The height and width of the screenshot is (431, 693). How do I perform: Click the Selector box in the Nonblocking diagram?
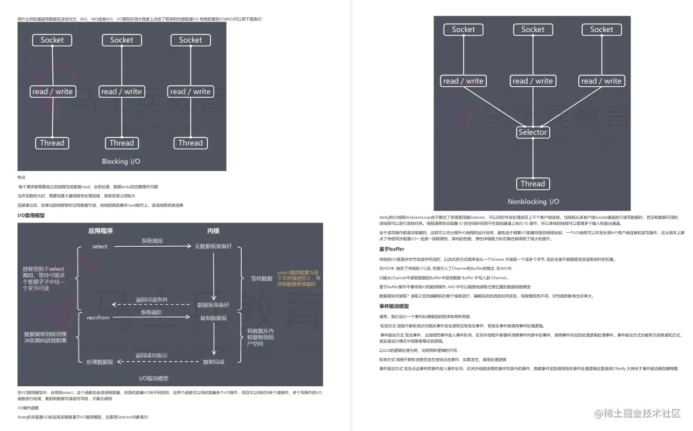click(533, 132)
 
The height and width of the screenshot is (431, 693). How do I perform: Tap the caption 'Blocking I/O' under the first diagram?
click(122, 161)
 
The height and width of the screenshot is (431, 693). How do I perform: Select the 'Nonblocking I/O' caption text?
click(533, 202)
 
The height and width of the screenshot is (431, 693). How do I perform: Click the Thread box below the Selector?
click(533, 184)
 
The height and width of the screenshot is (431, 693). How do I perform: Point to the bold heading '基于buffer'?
click(391, 249)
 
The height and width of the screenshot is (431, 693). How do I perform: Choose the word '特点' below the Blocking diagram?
click(22, 177)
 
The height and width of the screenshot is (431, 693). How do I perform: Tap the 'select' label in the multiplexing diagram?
click(100, 246)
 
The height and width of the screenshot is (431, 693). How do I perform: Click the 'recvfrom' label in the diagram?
click(98, 318)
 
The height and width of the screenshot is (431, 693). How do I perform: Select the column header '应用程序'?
click(101, 231)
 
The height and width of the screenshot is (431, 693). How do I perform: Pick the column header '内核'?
click(214, 231)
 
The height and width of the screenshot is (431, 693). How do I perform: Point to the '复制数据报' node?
click(214, 318)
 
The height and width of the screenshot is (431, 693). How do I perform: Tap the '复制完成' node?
click(214, 362)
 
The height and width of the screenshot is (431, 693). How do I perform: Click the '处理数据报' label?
click(100, 362)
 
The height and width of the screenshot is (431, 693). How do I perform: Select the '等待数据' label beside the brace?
click(262, 279)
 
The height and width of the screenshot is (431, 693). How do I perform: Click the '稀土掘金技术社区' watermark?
click(638, 413)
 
